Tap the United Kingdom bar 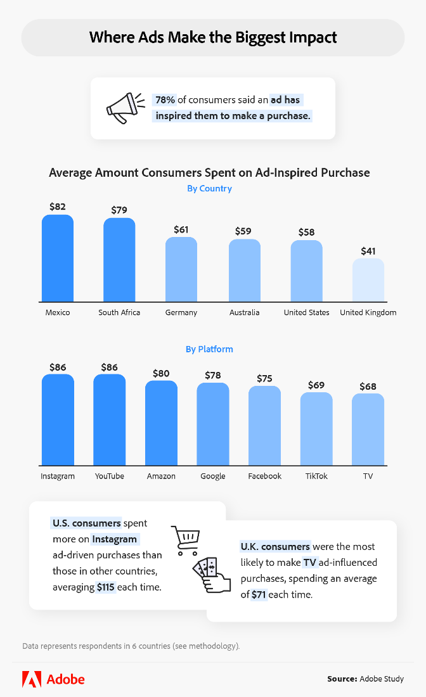click(368, 280)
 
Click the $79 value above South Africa click(119, 210)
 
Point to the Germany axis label click(181, 312)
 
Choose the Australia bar click(244, 271)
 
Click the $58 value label click(307, 232)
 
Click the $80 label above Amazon click(161, 373)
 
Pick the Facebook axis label click(264, 476)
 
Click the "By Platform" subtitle click(209, 349)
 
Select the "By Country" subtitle click(209, 188)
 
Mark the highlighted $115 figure click(105, 587)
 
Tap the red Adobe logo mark click(32, 679)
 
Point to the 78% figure click(165, 100)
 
